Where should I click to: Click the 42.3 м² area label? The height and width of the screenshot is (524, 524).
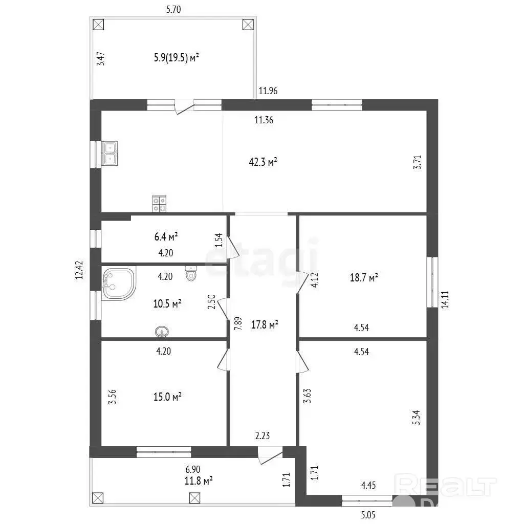(263, 162)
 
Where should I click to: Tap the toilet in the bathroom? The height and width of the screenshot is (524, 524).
(191, 273)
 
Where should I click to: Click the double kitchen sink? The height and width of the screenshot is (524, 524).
(110, 154)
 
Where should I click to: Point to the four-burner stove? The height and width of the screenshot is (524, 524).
(160, 204)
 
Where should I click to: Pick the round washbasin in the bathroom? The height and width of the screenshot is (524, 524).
(162, 332)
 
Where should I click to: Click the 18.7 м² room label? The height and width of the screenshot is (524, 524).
(364, 277)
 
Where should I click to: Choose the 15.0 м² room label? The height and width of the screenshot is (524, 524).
(167, 397)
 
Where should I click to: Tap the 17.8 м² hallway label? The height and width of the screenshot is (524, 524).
(265, 324)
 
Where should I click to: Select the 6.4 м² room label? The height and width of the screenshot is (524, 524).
(166, 236)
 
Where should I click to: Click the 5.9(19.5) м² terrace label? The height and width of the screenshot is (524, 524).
(177, 57)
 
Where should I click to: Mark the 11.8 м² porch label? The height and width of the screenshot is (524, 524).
(199, 481)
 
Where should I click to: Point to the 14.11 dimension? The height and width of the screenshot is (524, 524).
(445, 299)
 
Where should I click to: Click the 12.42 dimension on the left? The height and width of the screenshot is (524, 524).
(79, 270)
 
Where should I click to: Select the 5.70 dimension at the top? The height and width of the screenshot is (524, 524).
(173, 9)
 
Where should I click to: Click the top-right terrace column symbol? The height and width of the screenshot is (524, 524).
(248, 25)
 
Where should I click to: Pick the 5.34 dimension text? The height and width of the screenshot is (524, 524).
(416, 418)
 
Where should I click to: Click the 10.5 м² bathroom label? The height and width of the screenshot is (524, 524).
(167, 304)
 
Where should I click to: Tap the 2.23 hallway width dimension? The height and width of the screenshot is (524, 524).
(263, 435)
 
